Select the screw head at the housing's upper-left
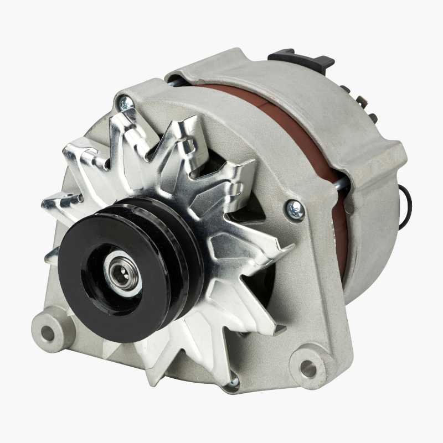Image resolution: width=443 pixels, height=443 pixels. [125, 102]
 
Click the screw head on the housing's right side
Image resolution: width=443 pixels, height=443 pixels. [295, 210]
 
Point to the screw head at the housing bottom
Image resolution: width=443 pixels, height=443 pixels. [234, 381]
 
